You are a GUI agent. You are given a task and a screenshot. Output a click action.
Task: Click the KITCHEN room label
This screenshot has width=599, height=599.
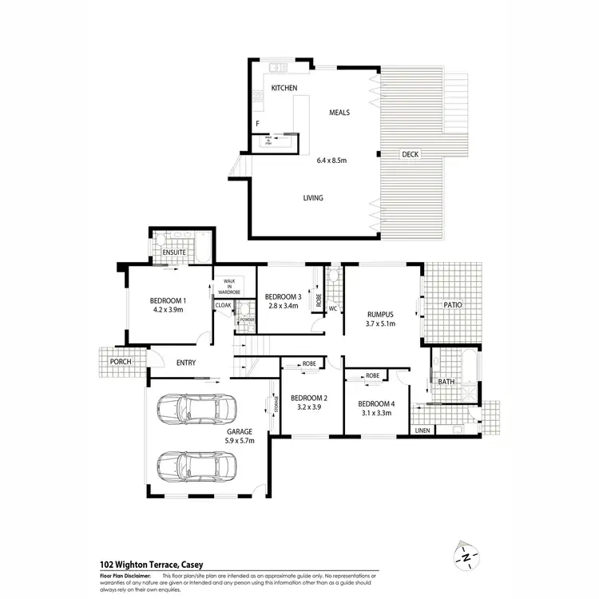[284, 87]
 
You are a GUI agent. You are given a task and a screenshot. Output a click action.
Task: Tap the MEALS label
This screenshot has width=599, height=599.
[339, 113]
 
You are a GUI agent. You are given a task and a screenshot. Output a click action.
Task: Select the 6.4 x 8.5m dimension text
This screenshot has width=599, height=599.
[331, 161]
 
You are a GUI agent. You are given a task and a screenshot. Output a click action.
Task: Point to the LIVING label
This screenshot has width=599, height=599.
[313, 198]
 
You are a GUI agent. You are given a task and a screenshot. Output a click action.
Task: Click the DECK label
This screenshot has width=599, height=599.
[410, 155]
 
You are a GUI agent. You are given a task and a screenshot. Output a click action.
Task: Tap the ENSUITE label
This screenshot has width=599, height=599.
[174, 252]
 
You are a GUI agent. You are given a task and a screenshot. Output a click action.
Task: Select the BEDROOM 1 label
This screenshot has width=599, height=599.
[167, 300]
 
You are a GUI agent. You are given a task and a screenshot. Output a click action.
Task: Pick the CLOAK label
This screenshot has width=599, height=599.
[223, 305]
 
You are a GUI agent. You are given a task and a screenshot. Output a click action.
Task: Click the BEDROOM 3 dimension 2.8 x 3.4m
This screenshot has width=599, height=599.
[282, 305]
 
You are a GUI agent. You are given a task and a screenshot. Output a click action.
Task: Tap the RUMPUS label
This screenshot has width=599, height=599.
[380, 314]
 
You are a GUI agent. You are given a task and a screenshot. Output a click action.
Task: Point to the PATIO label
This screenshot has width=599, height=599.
[453, 305]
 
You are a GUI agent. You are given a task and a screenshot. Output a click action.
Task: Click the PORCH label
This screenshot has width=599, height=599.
[121, 361]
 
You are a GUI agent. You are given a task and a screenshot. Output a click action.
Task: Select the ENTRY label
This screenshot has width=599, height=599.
[185, 363]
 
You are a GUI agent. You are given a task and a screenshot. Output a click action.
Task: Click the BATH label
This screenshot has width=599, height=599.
[445, 382]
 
